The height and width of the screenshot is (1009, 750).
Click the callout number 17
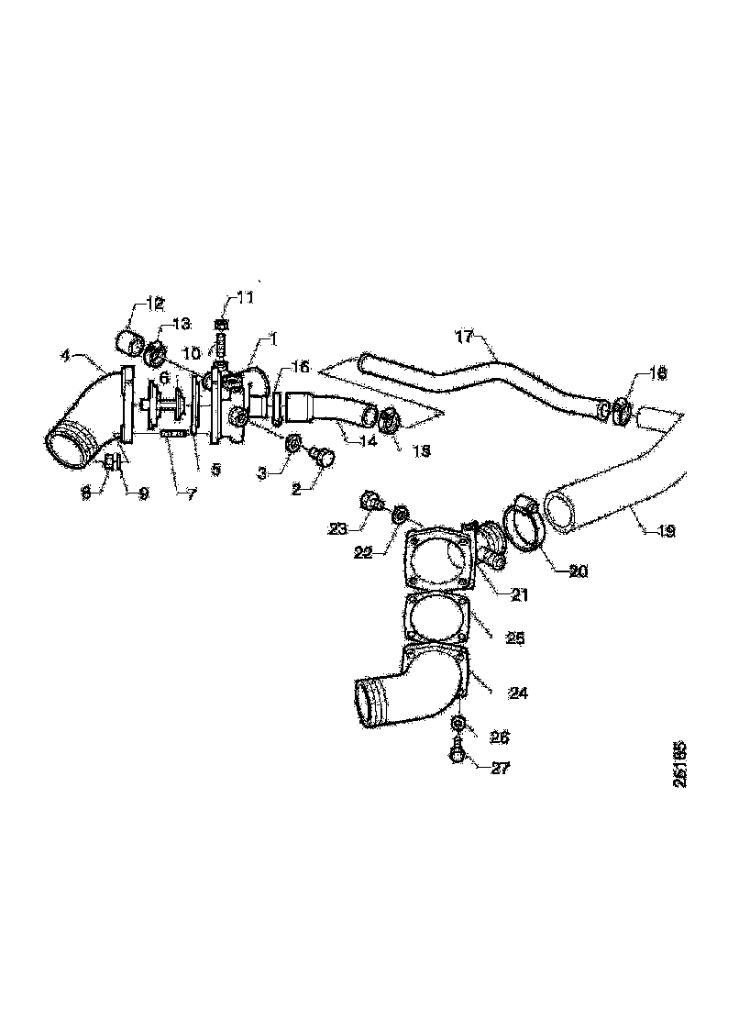tap(466, 336)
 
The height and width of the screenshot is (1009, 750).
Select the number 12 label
tap(152, 303)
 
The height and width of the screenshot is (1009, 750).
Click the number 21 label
tap(520, 594)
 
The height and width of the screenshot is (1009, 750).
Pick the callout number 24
tap(517, 693)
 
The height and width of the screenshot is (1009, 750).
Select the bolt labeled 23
tap(371, 501)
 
